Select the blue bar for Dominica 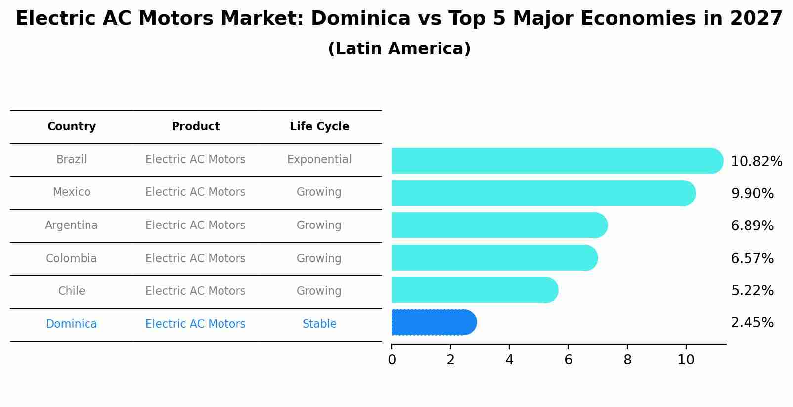(x=433, y=322)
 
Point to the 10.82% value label (x=756, y=162)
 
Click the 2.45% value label (x=752, y=323)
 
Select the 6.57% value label (x=752, y=258)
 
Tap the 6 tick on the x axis (x=568, y=360)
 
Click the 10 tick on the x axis (x=686, y=360)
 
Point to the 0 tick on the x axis (x=392, y=360)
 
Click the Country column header (x=72, y=127)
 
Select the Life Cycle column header (x=319, y=127)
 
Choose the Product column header (x=195, y=127)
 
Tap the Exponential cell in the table (x=319, y=160)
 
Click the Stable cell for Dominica (x=319, y=324)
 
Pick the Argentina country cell (x=72, y=226)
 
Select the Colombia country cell (x=72, y=259)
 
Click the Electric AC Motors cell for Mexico (x=195, y=192)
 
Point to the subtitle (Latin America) (x=399, y=49)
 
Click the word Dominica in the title (x=361, y=19)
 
